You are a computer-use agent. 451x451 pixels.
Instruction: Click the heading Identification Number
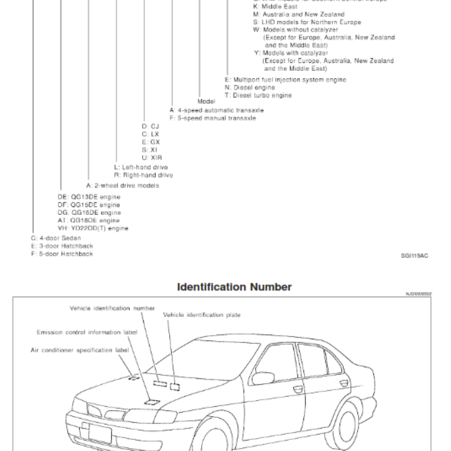[235, 287]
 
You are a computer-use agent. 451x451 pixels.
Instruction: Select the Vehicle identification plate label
[202, 315]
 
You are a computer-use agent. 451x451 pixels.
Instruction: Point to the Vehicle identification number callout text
[112, 308]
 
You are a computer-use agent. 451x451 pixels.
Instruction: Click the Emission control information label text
[87, 333]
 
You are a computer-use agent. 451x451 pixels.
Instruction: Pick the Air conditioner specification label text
[79, 350]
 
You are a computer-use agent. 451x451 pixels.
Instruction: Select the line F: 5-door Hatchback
[62, 254]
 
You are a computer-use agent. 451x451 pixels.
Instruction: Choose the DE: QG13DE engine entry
[89, 197]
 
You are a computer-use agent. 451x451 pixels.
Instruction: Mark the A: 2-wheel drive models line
[122, 185]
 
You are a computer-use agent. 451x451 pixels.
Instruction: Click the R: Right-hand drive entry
[143, 175]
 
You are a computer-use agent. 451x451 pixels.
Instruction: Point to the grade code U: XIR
[152, 158]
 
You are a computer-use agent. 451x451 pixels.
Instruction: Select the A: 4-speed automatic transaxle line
[216, 110]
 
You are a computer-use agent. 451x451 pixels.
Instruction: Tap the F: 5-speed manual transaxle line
[213, 118]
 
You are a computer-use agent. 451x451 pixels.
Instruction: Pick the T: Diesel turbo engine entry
[258, 96]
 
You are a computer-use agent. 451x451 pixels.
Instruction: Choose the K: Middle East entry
[276, 7]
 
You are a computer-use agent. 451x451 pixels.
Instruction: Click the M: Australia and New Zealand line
[299, 15]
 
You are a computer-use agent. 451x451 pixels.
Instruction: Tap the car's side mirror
[262, 376]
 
